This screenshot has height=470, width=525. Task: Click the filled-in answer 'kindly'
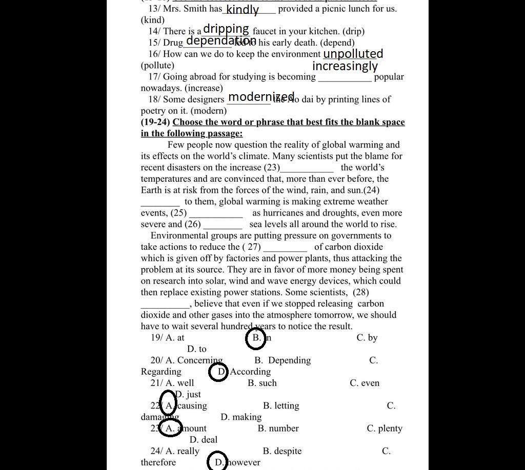(x=242, y=9)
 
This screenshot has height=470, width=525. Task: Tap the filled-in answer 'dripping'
(x=226, y=29)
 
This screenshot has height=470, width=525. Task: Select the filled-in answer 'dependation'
(x=221, y=40)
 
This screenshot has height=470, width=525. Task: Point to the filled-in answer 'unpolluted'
(x=353, y=54)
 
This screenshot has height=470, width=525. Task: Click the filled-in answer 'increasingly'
(x=345, y=66)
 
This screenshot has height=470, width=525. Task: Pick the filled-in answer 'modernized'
(x=261, y=97)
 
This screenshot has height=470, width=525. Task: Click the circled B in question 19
(x=256, y=338)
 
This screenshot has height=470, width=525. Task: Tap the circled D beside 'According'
(x=219, y=372)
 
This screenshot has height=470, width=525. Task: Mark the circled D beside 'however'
(x=218, y=462)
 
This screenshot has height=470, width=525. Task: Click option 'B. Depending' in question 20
(x=282, y=360)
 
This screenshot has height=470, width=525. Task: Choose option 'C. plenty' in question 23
(x=385, y=429)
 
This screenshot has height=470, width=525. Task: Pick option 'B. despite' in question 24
(x=282, y=451)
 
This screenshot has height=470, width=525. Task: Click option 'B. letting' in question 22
(x=281, y=406)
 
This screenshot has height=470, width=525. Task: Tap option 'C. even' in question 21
(x=365, y=383)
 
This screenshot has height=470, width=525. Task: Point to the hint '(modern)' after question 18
(x=209, y=111)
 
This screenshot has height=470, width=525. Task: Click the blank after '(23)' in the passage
(x=307, y=168)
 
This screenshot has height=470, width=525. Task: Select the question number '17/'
(x=154, y=77)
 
